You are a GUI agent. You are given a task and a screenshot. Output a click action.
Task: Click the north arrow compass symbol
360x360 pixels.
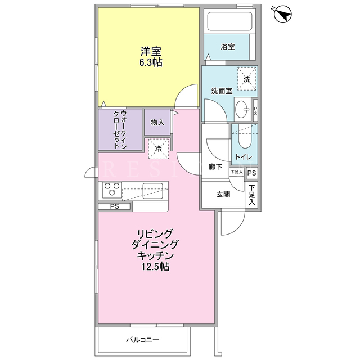[282, 14]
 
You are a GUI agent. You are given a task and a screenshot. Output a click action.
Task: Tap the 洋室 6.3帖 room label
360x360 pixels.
[151, 57]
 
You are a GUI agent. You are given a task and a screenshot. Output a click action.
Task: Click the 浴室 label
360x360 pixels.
[228, 47]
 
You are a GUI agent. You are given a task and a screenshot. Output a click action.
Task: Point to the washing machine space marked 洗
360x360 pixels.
[247, 79]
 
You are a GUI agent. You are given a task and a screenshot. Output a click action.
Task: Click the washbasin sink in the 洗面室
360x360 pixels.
[242, 109]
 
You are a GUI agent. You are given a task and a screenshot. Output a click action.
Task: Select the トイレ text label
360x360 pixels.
[244, 157]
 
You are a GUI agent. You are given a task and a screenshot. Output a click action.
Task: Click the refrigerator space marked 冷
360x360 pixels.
[159, 148]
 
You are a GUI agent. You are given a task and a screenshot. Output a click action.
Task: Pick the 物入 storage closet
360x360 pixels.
[157, 123]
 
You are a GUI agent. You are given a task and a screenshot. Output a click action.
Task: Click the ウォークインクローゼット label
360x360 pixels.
[120, 130]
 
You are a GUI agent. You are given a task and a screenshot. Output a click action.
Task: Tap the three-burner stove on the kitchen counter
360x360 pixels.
[112, 190]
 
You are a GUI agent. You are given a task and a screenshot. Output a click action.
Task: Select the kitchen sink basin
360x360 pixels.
[152, 191]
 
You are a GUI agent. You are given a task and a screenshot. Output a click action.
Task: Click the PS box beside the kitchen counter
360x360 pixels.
[114, 206]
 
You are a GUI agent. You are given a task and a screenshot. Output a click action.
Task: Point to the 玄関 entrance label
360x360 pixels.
[223, 195]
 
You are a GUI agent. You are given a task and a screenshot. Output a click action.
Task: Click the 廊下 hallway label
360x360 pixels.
[215, 167]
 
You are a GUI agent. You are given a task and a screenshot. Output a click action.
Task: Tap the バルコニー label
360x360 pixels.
[142, 340]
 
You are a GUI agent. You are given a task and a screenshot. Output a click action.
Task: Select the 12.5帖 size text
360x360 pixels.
[155, 267]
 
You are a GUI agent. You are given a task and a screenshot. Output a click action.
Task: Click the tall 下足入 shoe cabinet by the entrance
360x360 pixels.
[252, 195]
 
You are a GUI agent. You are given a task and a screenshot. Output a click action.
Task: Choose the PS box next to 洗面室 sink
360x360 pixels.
[255, 110]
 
